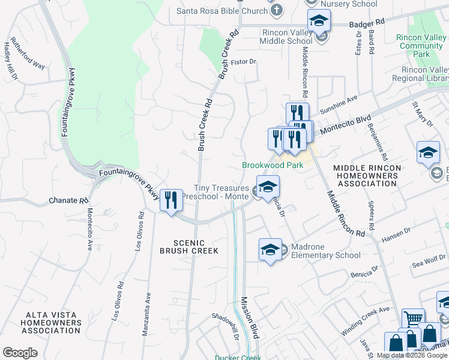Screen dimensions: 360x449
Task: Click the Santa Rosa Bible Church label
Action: click(x=221, y=11)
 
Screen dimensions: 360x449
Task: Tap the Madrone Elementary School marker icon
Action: click(x=270, y=248)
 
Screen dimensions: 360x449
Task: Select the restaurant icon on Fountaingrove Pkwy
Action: click(x=171, y=199)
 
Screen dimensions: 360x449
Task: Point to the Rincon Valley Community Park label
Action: click(x=421, y=46)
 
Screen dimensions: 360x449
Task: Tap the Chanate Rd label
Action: click(x=64, y=200)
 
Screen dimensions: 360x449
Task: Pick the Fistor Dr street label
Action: click(x=245, y=61)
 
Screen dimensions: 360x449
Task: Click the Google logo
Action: click(x=20, y=353)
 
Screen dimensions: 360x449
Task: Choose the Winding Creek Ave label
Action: click(x=366, y=320)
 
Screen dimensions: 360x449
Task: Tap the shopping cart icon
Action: click(x=413, y=319)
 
